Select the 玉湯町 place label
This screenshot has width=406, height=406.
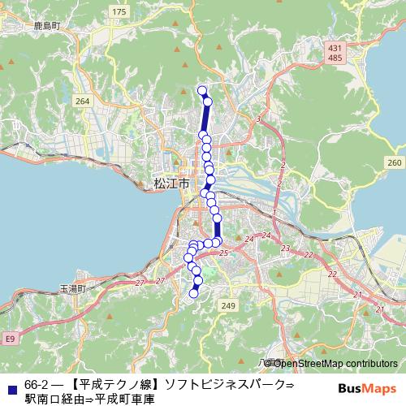pyautogui.click(x=72, y=288)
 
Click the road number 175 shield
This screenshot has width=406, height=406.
pyautogui.click(x=120, y=11)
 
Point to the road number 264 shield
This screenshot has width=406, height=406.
pyautogui.click(x=82, y=101)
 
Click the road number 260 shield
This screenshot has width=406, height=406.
pyautogui.click(x=394, y=163)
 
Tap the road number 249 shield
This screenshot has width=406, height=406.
pyautogui.click(x=228, y=305)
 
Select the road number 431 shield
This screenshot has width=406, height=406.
pyautogui.click(x=335, y=49)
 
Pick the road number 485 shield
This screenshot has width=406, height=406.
pyautogui.click(x=335, y=58)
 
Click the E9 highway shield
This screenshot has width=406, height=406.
pyautogui.click(x=9, y=338)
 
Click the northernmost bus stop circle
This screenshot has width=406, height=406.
pyautogui.click(x=202, y=90)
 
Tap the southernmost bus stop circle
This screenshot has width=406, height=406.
pyautogui.click(x=193, y=294)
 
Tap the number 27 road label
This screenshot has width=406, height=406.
pyautogui.click(x=139, y=283)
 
